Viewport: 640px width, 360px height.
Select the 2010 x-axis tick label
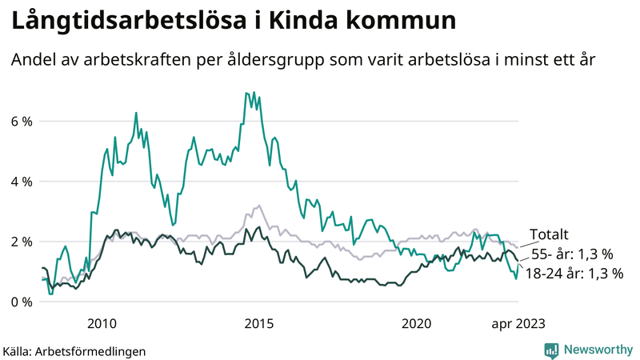102,323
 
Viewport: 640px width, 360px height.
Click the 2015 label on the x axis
258,323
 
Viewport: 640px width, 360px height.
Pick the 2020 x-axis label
416,323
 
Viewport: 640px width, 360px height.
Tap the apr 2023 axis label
518,323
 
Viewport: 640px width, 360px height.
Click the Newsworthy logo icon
552,350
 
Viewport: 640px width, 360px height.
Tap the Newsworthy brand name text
598,350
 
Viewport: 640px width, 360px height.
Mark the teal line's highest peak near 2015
245,93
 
